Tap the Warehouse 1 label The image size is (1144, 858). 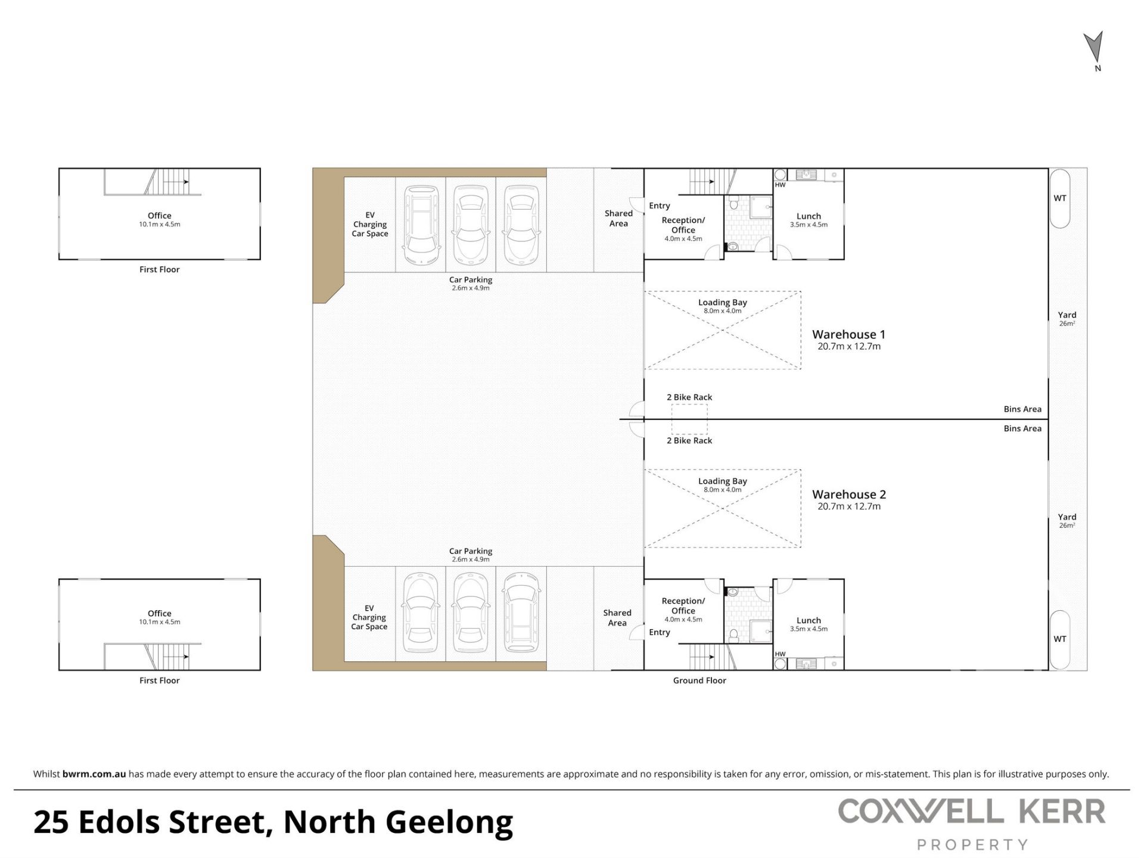[848, 334]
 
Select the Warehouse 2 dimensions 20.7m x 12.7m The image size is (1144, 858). [848, 506]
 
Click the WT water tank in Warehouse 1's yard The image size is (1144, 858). [1060, 198]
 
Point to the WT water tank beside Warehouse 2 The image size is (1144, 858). [1060, 639]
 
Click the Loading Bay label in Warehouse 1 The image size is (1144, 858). [722, 302]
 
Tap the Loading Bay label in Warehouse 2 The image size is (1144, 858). [722, 481]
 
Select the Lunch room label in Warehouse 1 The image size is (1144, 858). [809, 216]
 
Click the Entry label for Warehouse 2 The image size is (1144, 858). [660, 632]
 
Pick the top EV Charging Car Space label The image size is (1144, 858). [370, 224]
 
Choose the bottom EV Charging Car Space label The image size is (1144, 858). [369, 617]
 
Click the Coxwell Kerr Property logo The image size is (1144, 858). [972, 825]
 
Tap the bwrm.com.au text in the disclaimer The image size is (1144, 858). [94, 774]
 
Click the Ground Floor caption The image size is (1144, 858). [700, 680]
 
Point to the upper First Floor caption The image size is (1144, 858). [159, 269]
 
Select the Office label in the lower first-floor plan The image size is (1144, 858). [159, 613]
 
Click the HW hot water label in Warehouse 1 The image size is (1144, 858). [780, 185]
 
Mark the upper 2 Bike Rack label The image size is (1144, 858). [689, 397]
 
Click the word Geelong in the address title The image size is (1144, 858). [449, 823]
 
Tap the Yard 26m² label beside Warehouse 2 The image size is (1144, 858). [1067, 520]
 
